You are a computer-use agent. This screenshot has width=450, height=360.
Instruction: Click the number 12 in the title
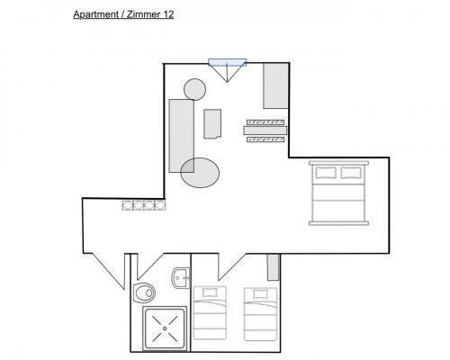168,14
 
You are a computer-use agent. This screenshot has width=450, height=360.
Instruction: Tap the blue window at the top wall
228,62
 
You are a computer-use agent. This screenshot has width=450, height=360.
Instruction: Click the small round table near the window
194,89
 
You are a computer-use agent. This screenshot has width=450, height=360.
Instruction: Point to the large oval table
200,173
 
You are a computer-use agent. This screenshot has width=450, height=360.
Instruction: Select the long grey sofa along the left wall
182,136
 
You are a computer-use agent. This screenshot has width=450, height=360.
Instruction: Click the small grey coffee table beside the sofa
212,124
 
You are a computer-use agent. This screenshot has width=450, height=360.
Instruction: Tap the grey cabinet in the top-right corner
275,85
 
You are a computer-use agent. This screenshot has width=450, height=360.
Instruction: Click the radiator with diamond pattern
144,205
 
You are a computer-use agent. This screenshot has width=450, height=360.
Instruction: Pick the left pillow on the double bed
326,173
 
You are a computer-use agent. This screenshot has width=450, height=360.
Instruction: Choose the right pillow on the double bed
351,173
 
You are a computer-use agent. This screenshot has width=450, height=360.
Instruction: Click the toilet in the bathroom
144,292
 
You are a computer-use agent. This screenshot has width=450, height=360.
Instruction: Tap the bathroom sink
181,278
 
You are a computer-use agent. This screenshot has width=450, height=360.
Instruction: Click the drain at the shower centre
165,328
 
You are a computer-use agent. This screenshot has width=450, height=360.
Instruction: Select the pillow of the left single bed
210,292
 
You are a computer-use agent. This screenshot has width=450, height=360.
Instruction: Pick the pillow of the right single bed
260,293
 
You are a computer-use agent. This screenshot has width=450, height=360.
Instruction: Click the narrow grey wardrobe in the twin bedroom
274,267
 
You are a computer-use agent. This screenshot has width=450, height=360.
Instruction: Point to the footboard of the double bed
338,223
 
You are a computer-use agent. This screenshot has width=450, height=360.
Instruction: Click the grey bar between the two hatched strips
265,130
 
